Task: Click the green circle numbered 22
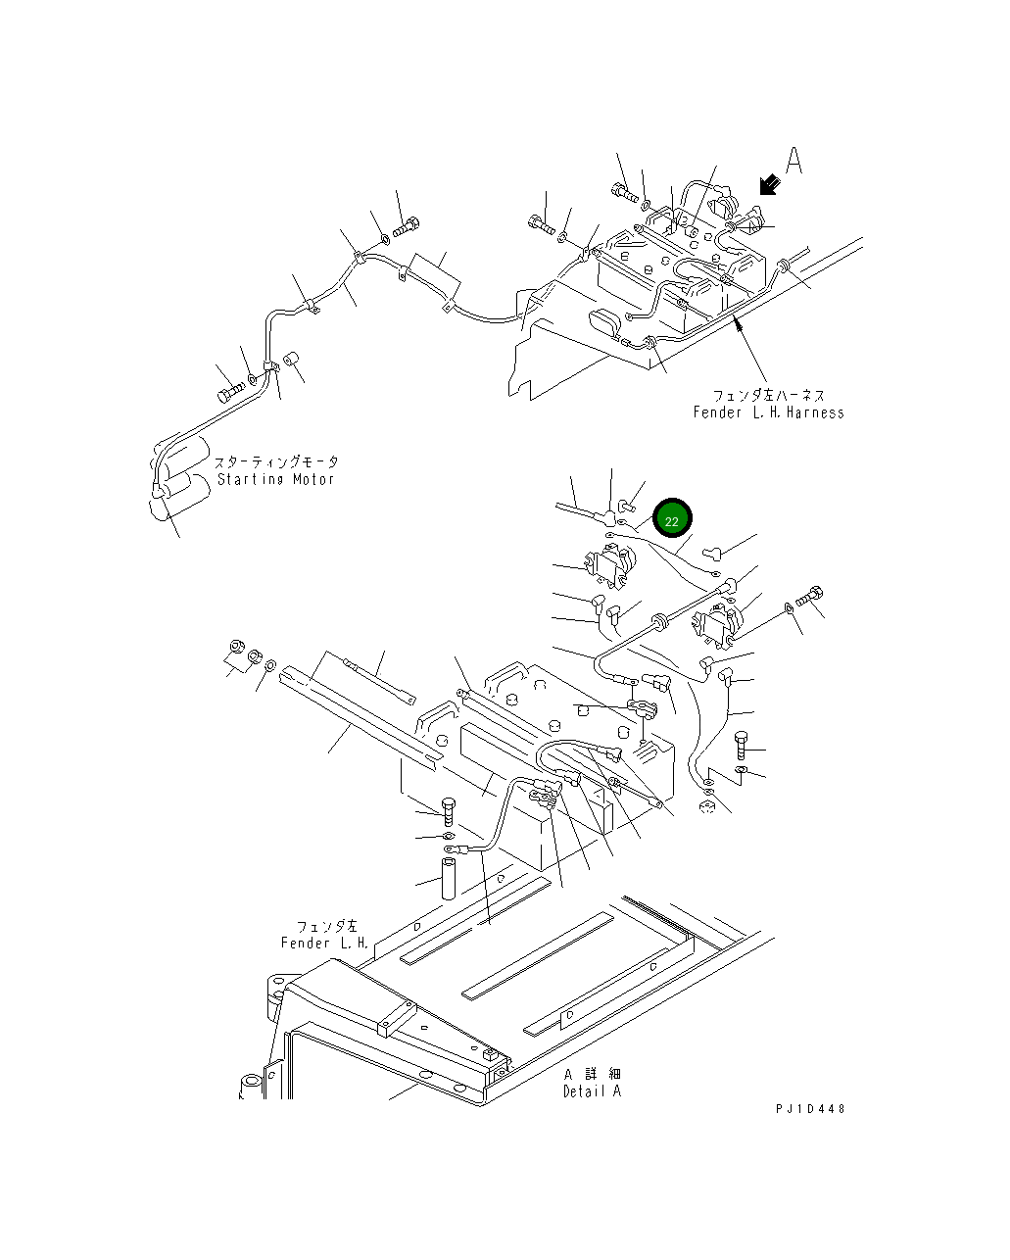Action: point(672,520)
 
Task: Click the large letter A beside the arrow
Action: point(794,161)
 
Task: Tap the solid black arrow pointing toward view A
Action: point(769,183)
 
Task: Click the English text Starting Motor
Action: point(275,479)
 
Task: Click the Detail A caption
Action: point(592,1091)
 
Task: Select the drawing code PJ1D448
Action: point(809,1109)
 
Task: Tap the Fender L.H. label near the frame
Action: point(324,943)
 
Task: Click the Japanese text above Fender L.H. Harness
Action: point(768,395)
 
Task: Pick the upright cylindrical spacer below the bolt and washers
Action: point(451,879)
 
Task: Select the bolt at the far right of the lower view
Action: point(812,595)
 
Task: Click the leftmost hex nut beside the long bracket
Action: point(235,649)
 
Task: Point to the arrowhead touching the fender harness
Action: point(738,319)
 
